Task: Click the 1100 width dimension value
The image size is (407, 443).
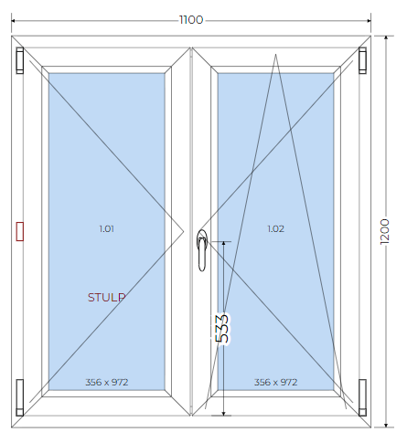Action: [x=191, y=20]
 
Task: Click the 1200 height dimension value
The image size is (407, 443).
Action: [x=385, y=231]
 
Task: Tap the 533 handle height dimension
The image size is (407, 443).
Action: [x=222, y=329]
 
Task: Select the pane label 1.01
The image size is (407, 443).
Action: [x=107, y=228]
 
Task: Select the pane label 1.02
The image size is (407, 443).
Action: [x=276, y=228]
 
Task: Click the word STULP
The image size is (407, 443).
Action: [x=106, y=298]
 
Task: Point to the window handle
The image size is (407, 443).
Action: [x=202, y=250]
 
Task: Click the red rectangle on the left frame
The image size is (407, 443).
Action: [x=20, y=231]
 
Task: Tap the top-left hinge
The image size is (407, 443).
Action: [x=20, y=60]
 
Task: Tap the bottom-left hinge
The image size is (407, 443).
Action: [x=20, y=397]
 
